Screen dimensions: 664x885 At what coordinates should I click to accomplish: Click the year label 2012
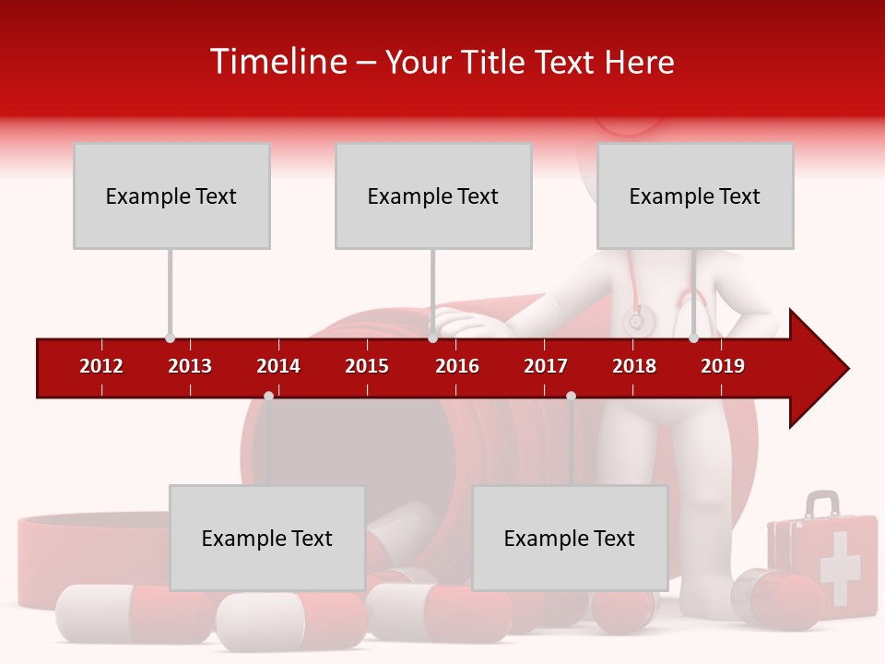(101, 366)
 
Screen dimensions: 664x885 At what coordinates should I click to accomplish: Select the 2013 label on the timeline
(190, 366)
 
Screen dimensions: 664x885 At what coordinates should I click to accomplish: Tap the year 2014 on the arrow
(278, 366)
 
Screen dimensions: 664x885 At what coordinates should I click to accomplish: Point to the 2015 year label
(367, 366)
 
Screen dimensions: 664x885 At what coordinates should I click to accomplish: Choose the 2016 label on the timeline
(457, 366)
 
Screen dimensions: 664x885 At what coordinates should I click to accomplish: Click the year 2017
(546, 366)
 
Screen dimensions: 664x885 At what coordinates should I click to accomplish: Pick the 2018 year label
(634, 366)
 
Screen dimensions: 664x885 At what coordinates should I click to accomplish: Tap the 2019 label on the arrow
(723, 366)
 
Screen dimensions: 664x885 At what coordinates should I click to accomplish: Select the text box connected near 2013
(171, 196)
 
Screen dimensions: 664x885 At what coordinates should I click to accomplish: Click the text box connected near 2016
(433, 196)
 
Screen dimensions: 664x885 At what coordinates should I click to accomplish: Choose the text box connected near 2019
(695, 196)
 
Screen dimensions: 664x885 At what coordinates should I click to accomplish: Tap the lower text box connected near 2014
(267, 538)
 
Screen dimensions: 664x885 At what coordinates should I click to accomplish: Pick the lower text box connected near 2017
(570, 538)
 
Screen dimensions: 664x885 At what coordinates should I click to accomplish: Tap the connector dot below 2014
(268, 396)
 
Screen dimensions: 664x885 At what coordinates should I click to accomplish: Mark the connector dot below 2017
(571, 396)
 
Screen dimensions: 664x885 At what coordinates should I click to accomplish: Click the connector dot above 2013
(170, 338)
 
